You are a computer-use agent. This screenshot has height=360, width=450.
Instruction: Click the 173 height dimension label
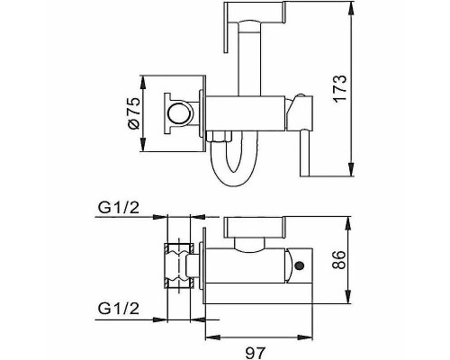[x=340, y=89]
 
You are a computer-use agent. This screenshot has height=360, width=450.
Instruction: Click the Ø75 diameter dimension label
[x=134, y=112]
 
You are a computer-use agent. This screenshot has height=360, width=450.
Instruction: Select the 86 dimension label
[x=340, y=260]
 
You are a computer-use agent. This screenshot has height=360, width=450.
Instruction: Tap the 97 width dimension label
[x=256, y=353]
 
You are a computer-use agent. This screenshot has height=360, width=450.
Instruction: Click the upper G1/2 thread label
[x=119, y=208]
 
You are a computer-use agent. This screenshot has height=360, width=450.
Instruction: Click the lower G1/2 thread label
[x=119, y=309]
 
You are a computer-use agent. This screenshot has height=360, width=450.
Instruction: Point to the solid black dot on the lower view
[x=300, y=265]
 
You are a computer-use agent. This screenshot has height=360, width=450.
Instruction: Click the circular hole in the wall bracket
[x=179, y=113]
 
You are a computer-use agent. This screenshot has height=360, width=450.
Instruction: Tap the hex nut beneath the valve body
[x=220, y=136]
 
